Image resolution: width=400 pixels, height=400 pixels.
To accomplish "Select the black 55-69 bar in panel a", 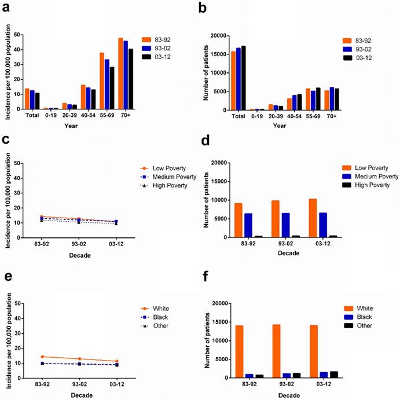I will [x=112, y=88].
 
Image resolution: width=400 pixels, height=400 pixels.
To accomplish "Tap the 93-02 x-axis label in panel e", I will [x=85, y=384].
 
